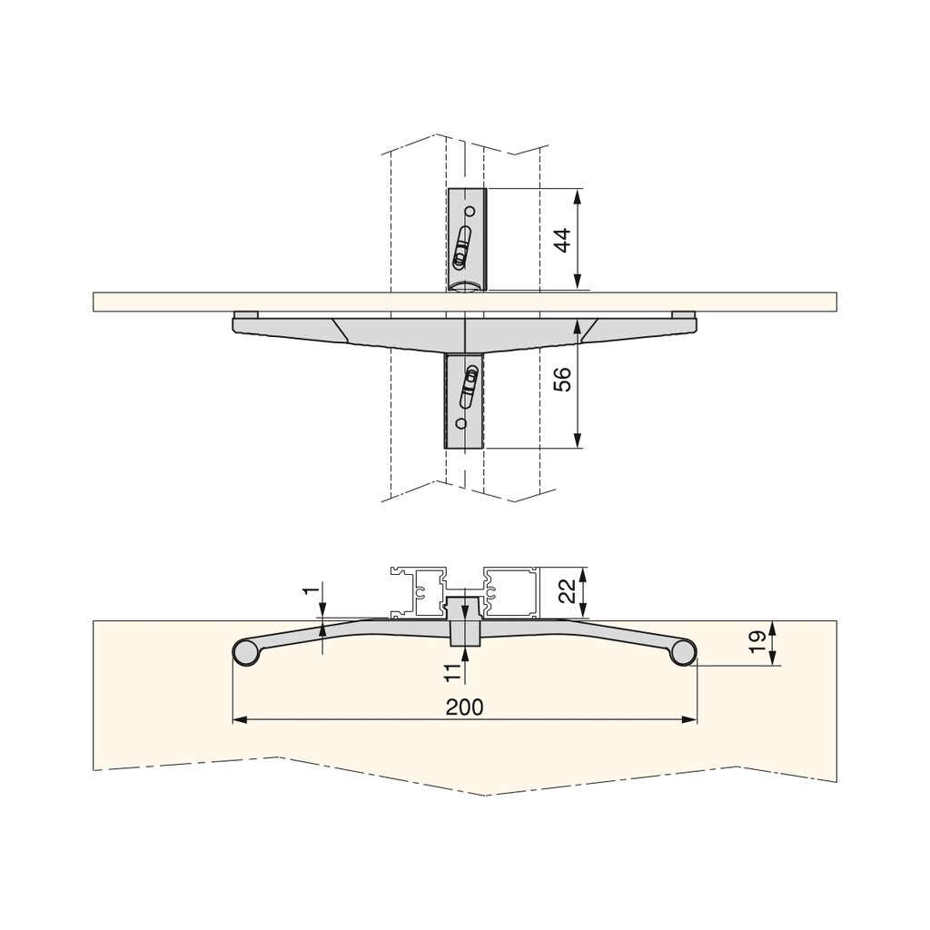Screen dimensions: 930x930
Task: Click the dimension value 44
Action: tap(562, 241)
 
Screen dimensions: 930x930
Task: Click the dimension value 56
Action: tap(562, 380)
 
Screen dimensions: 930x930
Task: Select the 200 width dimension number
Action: tap(464, 707)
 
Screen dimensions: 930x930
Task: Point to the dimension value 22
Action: tap(565, 592)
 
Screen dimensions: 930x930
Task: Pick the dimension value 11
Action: tap(450, 672)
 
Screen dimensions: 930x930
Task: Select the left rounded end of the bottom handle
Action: tap(245, 652)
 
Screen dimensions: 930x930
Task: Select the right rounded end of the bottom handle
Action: tap(683, 652)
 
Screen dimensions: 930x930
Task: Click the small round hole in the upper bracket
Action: tap(470, 212)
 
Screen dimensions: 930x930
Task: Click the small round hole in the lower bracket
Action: tap(460, 423)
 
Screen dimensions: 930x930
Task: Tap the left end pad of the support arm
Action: tap(245, 314)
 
